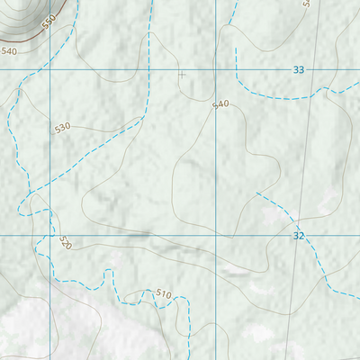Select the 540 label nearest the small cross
220,105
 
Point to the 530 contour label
62,128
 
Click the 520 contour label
65,243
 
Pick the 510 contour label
163,293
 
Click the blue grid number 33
299,70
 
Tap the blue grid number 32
299,235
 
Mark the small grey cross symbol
182,75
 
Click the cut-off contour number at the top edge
307,4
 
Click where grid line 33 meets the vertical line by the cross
216,69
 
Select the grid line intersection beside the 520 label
49,235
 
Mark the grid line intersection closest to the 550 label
49,69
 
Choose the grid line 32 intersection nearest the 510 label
216,235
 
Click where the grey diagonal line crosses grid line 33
312,69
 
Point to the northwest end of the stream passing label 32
256,192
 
